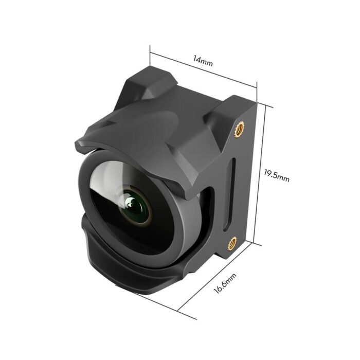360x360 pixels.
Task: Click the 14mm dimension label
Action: coord(203,60)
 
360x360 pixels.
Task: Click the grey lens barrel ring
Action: coord(175,226)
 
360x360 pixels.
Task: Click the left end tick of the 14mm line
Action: coord(151,51)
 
